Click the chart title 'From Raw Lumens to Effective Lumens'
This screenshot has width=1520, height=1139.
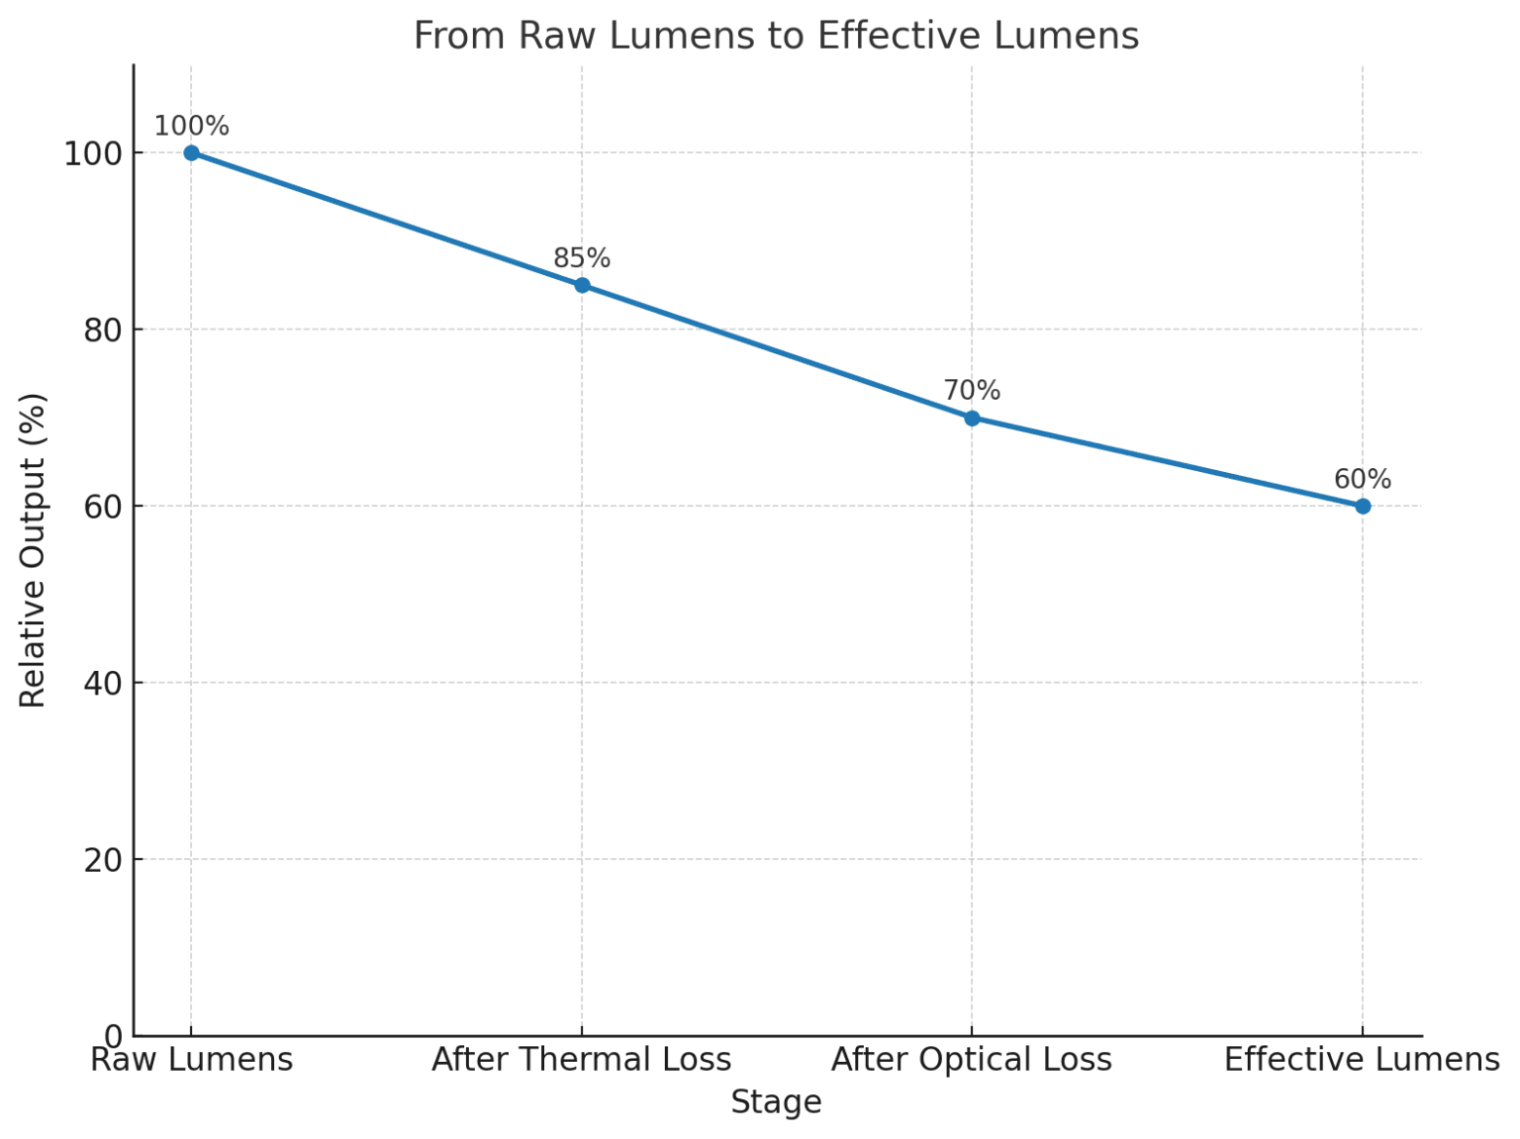[776, 37]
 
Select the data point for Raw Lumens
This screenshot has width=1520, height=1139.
[191, 152]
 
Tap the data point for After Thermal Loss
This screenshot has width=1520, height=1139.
[582, 285]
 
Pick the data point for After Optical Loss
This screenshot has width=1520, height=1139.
[972, 418]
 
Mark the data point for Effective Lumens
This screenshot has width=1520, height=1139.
[1363, 506]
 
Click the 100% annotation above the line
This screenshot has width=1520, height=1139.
[191, 127]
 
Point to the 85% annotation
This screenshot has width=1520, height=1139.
[582, 258]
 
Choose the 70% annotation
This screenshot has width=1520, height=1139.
[972, 391]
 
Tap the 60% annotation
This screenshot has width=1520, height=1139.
[1363, 479]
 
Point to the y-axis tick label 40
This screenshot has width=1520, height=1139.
[102, 684]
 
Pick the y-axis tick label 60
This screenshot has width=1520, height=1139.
[102, 508]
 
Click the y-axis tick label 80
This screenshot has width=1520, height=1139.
[102, 331]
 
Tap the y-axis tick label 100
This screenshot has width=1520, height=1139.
[92, 154]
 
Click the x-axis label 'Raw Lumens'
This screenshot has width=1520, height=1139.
[191, 1060]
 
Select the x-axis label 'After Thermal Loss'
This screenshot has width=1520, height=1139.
[582, 1060]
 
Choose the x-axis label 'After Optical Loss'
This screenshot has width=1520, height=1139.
[972, 1060]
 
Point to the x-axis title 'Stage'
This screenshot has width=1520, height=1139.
[776, 1102]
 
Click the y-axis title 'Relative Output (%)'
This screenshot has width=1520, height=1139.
[33, 550]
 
